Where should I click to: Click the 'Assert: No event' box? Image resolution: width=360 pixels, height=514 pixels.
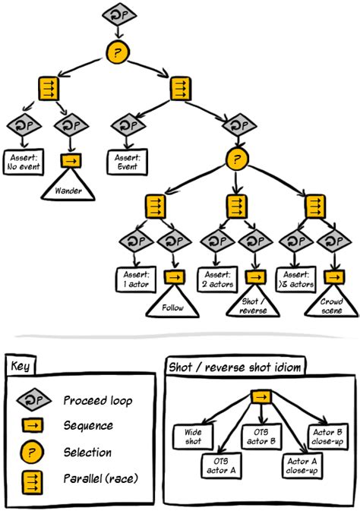pos(24,162)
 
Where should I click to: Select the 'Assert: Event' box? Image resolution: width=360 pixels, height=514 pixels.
pos(127,162)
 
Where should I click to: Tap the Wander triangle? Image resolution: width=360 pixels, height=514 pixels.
pos(68,188)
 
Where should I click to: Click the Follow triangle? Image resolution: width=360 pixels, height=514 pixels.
pos(172,304)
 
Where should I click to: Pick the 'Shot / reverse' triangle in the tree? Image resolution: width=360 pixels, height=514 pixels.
pos(253,304)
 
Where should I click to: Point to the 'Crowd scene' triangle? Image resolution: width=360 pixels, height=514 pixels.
pos(332,304)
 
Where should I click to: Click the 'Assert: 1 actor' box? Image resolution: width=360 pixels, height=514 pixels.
pos(136,279)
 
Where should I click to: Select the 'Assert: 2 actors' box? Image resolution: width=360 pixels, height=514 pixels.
pos(218,279)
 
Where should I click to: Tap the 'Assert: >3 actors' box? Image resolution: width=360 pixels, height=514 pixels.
pos(296,279)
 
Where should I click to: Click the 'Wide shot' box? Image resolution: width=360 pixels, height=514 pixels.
pos(193,437)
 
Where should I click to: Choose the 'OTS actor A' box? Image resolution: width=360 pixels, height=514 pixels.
pos(221,465)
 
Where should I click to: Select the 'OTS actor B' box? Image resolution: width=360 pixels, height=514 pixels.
pos(261,437)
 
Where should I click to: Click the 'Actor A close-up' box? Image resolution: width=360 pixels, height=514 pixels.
pos(302,466)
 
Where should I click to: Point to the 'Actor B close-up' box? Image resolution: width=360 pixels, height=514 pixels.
pos(327,437)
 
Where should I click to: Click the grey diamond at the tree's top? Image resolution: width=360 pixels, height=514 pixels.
pos(119,15)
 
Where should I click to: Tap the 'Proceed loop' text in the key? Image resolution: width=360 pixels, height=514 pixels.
pos(98,401)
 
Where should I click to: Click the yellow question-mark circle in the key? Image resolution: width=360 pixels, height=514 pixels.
pos(32,453)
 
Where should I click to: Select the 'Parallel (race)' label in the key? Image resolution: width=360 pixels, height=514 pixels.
pos(100,478)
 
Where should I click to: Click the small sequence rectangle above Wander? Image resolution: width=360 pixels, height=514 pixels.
pos(71,161)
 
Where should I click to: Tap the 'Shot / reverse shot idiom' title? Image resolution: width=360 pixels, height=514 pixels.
pos(235,367)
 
